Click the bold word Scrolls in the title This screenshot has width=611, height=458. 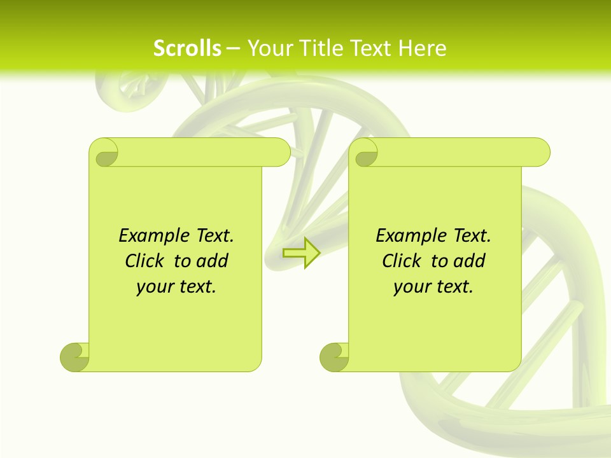187,48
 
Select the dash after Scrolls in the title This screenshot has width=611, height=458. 233,48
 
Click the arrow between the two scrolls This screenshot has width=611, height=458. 301,253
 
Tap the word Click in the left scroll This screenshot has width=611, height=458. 145,261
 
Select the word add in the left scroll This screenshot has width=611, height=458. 213,261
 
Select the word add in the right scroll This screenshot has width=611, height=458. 470,261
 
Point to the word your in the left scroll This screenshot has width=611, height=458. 153,287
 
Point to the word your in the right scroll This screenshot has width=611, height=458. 411,287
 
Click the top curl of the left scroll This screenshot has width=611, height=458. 106,153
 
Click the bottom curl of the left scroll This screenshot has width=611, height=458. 75,357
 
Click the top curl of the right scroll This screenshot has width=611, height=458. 365,153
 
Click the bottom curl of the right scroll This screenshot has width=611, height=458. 335,357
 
